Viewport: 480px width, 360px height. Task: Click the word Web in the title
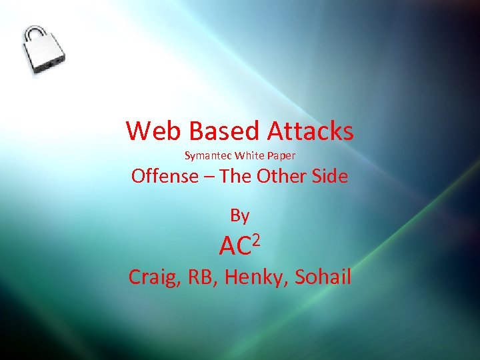(x=148, y=131)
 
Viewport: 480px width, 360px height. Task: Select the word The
(x=235, y=177)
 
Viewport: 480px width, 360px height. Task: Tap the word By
(x=239, y=215)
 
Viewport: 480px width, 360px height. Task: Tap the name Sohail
(x=323, y=276)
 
